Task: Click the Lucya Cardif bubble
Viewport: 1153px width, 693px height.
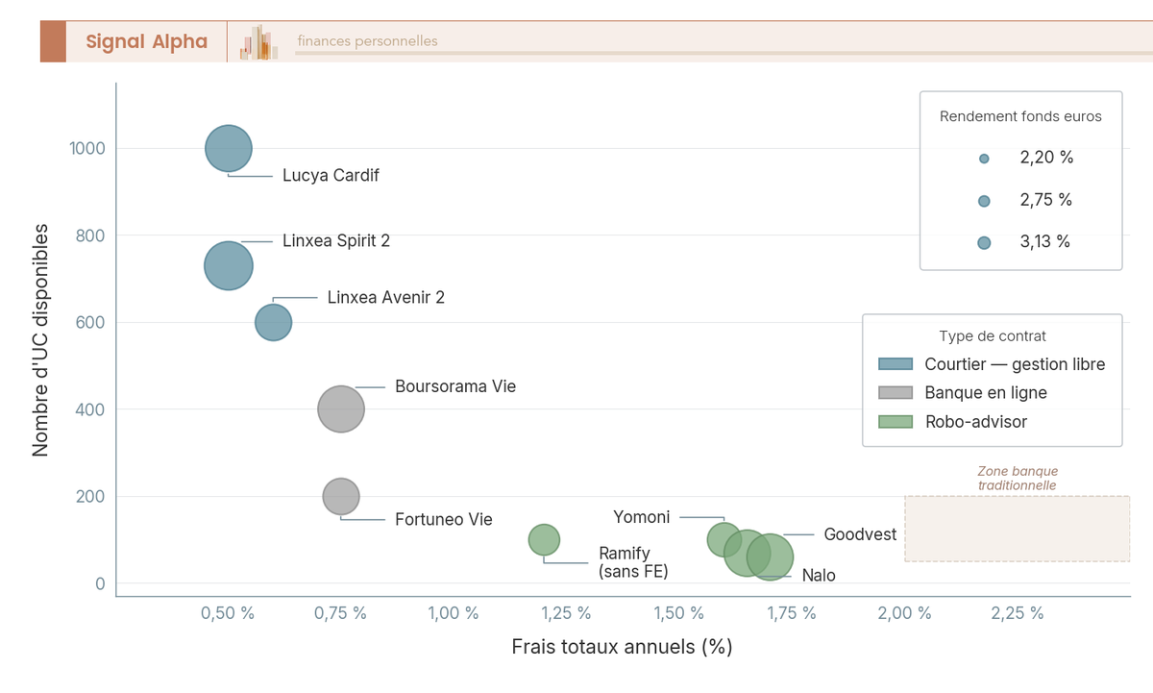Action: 229,149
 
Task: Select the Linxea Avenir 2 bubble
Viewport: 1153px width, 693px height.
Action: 273,322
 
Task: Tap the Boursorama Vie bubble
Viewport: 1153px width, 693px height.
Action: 341,409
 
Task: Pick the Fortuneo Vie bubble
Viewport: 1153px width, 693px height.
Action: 341,497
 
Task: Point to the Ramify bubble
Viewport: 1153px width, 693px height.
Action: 544,539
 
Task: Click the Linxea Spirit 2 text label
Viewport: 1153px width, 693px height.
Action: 336,240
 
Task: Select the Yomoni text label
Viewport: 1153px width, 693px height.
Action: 642,517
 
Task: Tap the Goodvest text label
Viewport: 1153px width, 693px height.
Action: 860,534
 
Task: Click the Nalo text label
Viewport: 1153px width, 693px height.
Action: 819,576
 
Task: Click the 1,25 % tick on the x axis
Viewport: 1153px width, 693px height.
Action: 567,613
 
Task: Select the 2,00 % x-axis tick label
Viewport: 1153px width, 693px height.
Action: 905,613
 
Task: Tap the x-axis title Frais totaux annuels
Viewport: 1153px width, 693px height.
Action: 622,646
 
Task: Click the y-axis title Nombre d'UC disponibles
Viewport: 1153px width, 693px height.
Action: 41,339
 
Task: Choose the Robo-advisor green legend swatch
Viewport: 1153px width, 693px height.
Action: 895,422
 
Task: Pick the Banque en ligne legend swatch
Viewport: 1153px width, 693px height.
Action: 895,393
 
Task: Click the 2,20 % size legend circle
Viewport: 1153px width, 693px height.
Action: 984,159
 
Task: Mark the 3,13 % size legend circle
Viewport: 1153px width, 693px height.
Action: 984,243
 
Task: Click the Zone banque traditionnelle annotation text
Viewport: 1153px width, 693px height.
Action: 1018,479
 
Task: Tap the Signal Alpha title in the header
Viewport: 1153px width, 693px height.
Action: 147,41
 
